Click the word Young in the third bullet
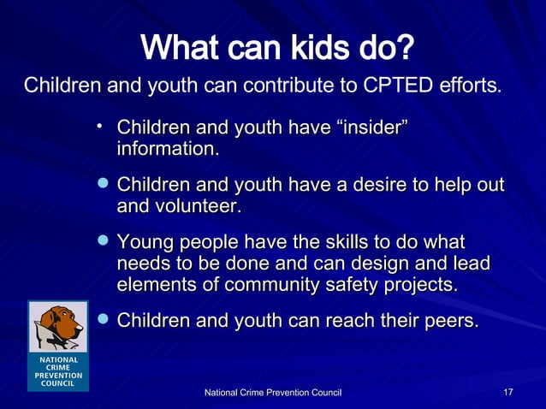[144, 243]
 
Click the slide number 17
[507, 392]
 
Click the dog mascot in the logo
[58, 326]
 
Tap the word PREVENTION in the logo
[58, 376]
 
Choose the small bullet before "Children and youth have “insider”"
[100, 127]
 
